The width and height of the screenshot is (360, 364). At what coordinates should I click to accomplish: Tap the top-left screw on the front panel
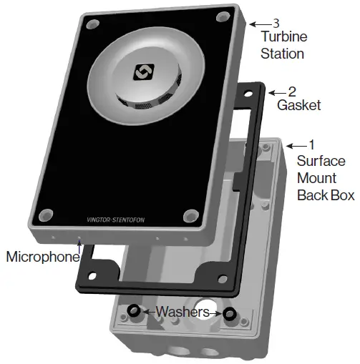tap(92, 25)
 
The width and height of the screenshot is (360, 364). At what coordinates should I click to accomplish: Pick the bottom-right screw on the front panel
tap(190, 215)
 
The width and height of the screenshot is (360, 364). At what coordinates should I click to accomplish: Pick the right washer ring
tap(228, 314)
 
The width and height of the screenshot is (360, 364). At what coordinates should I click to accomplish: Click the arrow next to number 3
tap(263, 21)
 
